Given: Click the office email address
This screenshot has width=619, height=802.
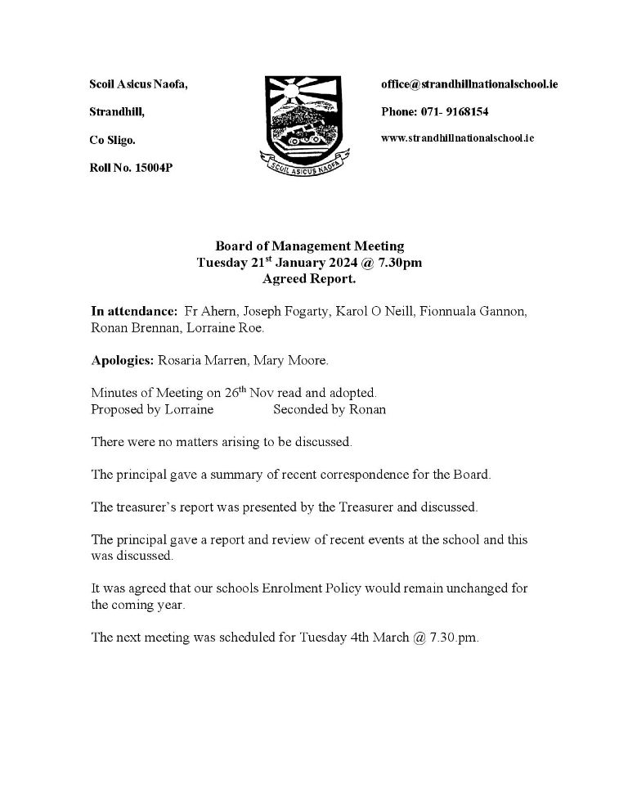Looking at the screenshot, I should [x=469, y=84].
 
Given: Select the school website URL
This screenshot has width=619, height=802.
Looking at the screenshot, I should [x=457, y=138].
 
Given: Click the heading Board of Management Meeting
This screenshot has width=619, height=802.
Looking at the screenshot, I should [x=309, y=246].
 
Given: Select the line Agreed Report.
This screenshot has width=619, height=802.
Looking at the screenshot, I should [x=309, y=279].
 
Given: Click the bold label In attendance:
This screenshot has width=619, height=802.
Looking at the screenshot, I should [x=134, y=312].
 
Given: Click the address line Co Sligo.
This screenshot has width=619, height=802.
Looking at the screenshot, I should [x=113, y=140].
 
